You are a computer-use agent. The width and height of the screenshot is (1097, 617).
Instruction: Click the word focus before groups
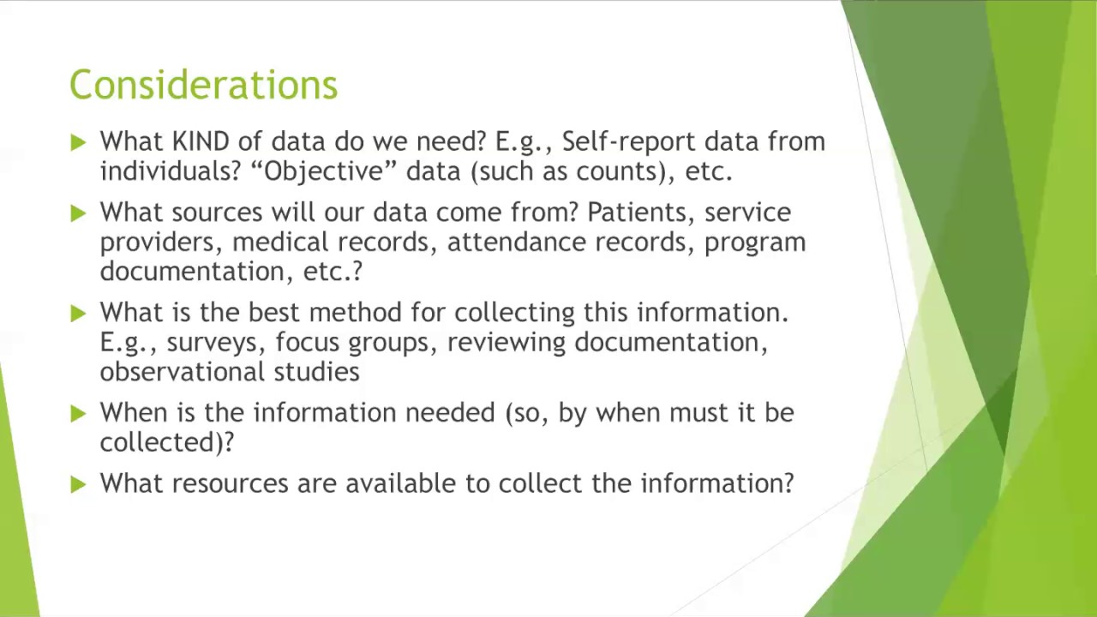[x=308, y=342]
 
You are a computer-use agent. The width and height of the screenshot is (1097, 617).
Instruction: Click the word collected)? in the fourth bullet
[x=166, y=442]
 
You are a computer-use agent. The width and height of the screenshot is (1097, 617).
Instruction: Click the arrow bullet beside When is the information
[x=79, y=414]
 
